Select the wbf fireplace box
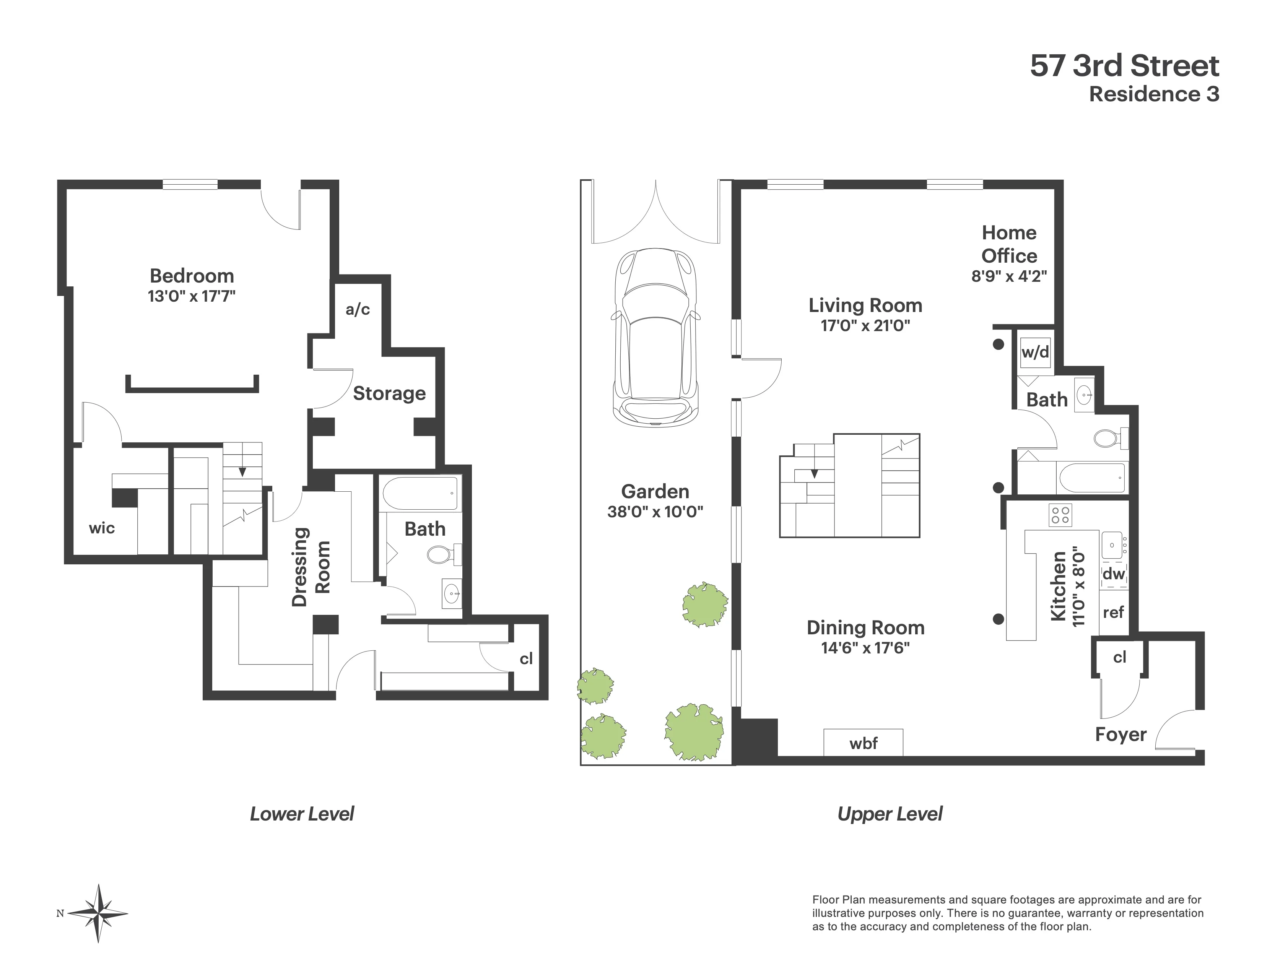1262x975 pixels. [863, 742]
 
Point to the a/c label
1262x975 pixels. [358, 310]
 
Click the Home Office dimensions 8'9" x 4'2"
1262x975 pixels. [1009, 276]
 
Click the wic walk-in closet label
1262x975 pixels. [102, 528]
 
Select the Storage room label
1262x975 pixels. [389, 393]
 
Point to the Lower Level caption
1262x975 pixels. [302, 814]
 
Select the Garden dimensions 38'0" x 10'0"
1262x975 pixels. [655, 512]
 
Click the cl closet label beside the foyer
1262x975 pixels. [1119, 657]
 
